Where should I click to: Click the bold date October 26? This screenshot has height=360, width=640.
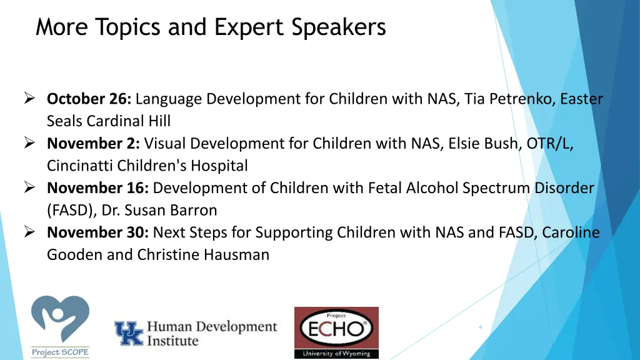[x=89, y=99]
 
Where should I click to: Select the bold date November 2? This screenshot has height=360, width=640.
[x=94, y=144]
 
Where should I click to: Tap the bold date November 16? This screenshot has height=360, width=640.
[x=98, y=188]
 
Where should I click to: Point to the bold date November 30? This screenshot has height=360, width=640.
[x=98, y=232]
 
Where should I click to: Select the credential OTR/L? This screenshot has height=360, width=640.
[x=549, y=144]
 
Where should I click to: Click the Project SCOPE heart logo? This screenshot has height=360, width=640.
[x=60, y=325]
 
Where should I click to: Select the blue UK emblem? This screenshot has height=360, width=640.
[x=129, y=334]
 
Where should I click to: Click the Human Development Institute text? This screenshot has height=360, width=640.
[x=211, y=334]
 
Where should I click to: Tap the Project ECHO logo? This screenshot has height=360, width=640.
[x=336, y=332]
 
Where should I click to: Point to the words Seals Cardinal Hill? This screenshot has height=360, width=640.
[x=108, y=121]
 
